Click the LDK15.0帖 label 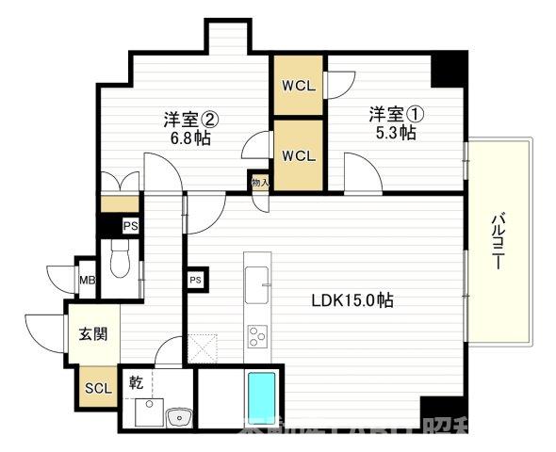click(x=352, y=301)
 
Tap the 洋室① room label click(x=396, y=115)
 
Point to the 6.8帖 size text click(x=191, y=137)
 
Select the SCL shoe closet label click(x=97, y=388)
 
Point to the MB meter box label click(x=87, y=280)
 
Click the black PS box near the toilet click(x=130, y=226)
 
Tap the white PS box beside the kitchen click(x=196, y=280)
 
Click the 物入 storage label click(x=260, y=182)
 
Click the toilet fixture click(x=120, y=258)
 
